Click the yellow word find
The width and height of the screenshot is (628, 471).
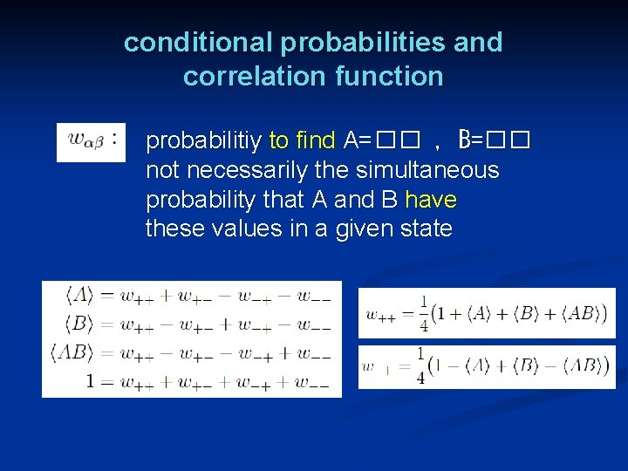pyautogui.click(x=316, y=140)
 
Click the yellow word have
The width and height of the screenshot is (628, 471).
pyautogui.click(x=431, y=200)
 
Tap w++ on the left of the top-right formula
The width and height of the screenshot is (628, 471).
pyautogui.click(x=381, y=314)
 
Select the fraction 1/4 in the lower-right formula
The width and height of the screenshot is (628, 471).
pyautogui.click(x=420, y=367)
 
